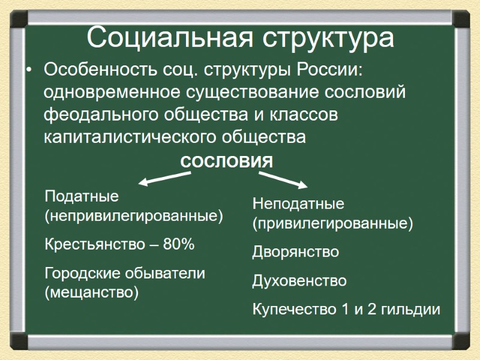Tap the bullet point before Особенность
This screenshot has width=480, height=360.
(28, 71)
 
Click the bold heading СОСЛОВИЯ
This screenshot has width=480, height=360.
(226, 161)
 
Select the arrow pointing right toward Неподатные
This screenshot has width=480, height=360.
(282, 179)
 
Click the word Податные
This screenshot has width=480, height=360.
(82, 196)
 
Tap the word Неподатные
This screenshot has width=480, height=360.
(298, 203)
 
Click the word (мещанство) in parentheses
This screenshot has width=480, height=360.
(92, 293)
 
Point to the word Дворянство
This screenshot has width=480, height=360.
(295, 252)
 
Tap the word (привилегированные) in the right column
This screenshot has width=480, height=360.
(332, 224)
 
